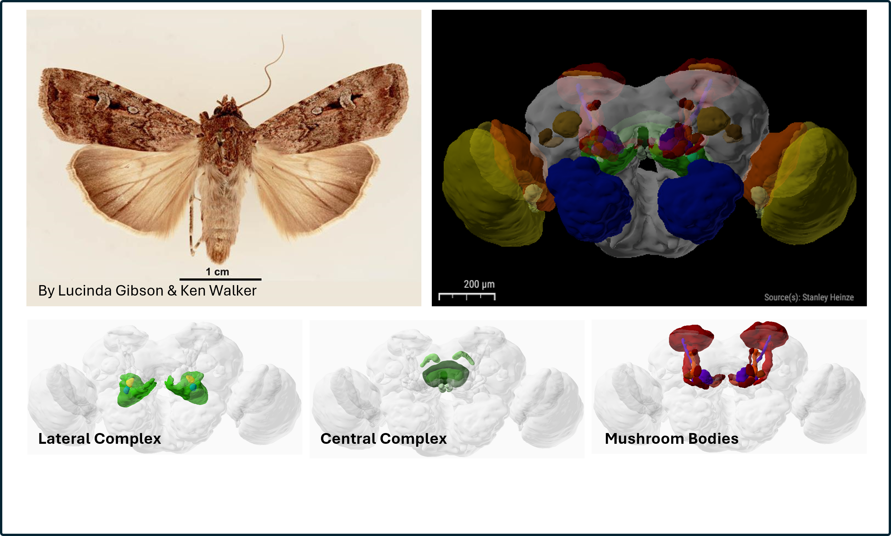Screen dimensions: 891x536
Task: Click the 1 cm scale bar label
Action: click(217, 272)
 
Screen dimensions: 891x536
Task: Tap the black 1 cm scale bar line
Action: click(220, 279)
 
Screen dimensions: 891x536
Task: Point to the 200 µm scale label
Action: click(479, 284)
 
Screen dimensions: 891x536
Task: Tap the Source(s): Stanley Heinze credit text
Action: click(809, 297)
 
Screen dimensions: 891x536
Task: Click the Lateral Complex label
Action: click(100, 439)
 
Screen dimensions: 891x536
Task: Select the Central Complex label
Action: click(384, 439)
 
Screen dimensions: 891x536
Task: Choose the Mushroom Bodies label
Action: click(671, 439)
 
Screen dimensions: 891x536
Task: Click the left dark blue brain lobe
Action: click(589, 199)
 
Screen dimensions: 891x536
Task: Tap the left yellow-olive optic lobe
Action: click(488, 188)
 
